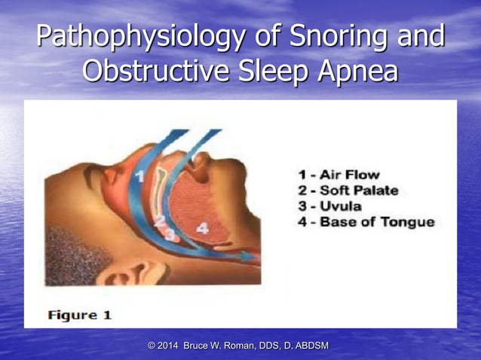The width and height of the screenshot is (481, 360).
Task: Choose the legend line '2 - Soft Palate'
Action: (x=348, y=190)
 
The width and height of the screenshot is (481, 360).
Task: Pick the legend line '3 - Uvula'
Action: (x=329, y=206)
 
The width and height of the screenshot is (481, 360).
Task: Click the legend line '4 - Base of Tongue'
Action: (x=366, y=221)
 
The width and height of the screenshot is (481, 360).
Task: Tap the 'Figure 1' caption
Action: (x=79, y=315)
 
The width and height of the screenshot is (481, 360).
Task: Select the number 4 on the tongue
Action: (x=202, y=227)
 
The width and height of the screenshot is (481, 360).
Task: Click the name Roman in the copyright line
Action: (x=240, y=346)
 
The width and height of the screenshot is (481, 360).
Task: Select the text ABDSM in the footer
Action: (x=311, y=346)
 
